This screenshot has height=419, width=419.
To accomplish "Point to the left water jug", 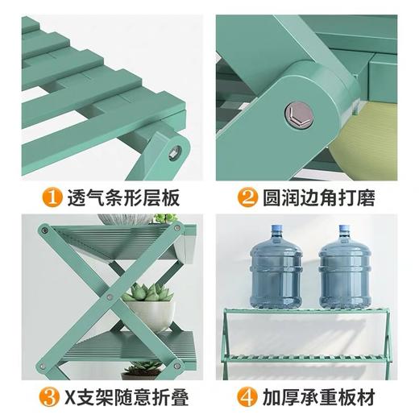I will [x=276, y=270].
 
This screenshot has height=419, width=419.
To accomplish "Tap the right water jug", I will [x=345, y=270].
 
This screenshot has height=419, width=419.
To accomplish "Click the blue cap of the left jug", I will [x=276, y=230].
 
